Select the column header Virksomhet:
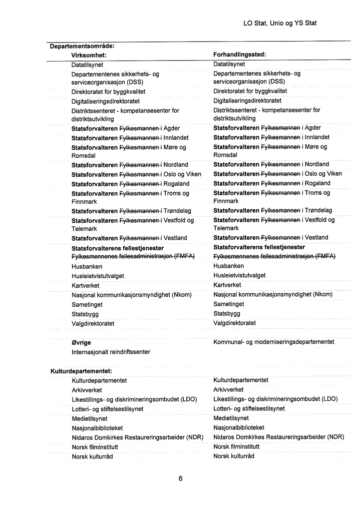click(x=90, y=55)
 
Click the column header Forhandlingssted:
click(x=239, y=55)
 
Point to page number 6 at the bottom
click(x=180, y=478)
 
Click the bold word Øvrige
click(x=81, y=343)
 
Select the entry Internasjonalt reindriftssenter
click(x=111, y=352)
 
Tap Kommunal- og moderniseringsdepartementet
click(x=273, y=342)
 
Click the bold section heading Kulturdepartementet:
click(x=81, y=371)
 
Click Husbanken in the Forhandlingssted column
click(x=228, y=266)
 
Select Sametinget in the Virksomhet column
click(x=87, y=304)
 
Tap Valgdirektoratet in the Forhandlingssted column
click(x=234, y=323)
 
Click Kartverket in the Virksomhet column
click(x=86, y=285)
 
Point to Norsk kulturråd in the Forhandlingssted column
click(x=234, y=456)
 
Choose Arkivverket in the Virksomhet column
click(x=87, y=390)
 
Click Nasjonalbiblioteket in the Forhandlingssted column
click(x=238, y=427)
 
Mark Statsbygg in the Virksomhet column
click(x=85, y=314)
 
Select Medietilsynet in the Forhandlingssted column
click(x=231, y=418)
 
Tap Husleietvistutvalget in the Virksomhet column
click(x=98, y=276)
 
